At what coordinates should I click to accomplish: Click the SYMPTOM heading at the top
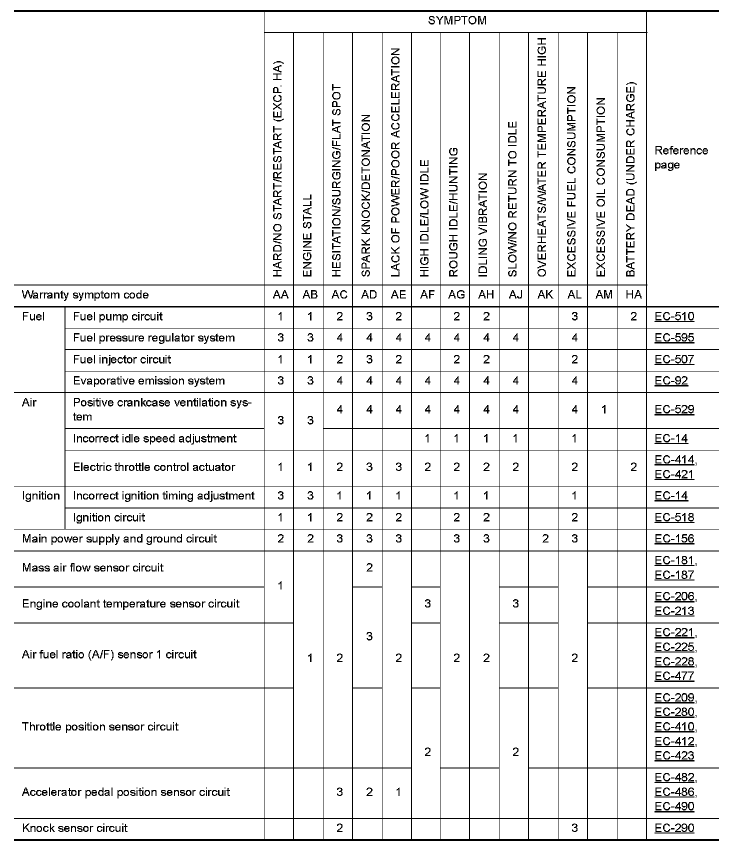pyautogui.click(x=456, y=21)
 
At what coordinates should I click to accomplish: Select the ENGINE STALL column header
pyautogui.click(x=308, y=235)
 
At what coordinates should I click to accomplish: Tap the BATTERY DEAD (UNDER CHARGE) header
pyautogui.click(x=631, y=179)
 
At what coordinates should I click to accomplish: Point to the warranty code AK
pyautogui.click(x=544, y=295)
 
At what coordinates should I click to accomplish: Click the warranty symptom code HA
pyautogui.click(x=633, y=295)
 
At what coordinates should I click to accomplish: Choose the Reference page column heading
pyautogui.click(x=681, y=157)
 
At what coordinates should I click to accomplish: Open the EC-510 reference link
pyautogui.click(x=674, y=316)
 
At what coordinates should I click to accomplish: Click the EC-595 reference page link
pyautogui.click(x=674, y=338)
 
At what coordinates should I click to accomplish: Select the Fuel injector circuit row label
pyautogui.click(x=122, y=359)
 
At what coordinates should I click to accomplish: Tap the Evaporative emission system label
pyautogui.click(x=148, y=381)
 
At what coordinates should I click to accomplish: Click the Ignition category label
pyautogui.click(x=40, y=496)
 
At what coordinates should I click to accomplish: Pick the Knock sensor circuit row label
pyautogui.click(x=75, y=828)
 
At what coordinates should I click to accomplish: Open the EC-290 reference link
pyautogui.click(x=674, y=828)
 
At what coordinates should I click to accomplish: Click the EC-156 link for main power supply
pyautogui.click(x=674, y=539)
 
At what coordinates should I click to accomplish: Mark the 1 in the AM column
pyautogui.click(x=603, y=410)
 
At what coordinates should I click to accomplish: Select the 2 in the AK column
pyautogui.click(x=545, y=539)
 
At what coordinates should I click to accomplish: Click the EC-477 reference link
pyautogui.click(x=674, y=676)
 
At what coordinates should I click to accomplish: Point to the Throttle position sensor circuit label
pyautogui.click(x=100, y=727)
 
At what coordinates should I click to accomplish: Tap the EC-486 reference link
pyautogui.click(x=674, y=792)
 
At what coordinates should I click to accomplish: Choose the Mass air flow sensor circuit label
pyautogui.click(x=92, y=568)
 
